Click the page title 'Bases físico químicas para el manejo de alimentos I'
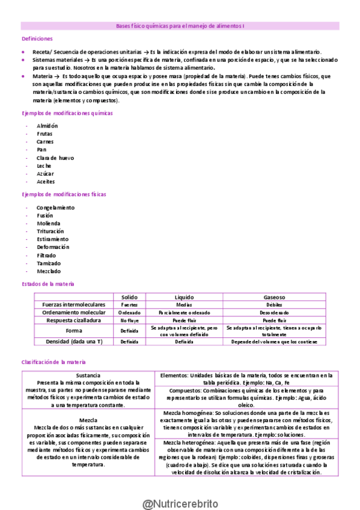[x=184, y=26]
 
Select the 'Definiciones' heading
[x=37, y=38]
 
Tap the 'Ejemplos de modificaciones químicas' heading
[x=58, y=113]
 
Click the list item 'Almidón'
[x=47, y=126]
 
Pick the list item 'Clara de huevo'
[x=55, y=158]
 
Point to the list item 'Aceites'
[x=46, y=181]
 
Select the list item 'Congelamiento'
[x=55, y=207]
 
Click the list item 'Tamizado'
[x=49, y=263]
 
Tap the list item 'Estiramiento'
[x=53, y=239]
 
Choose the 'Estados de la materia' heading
[x=48, y=283]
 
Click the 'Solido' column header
[x=129, y=297]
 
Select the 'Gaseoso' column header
[x=274, y=297]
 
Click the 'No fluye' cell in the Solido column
[x=129, y=321]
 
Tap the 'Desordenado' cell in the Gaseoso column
[x=274, y=313]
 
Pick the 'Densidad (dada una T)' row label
[x=73, y=342]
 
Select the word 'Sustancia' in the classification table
[x=88, y=375]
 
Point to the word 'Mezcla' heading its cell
[x=88, y=420]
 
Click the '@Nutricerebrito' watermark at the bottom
[x=180, y=487]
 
